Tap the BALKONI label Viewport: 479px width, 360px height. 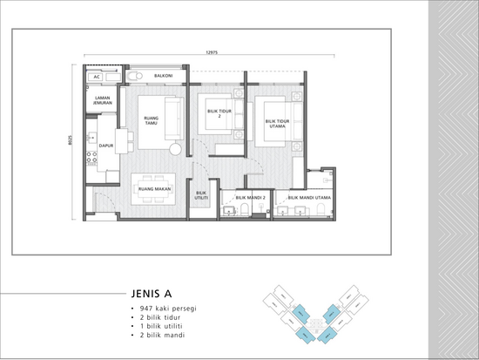coord(163,77)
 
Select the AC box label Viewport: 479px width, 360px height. coord(98,77)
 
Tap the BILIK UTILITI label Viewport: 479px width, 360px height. coord(201,196)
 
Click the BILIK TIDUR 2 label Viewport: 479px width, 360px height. coord(219,114)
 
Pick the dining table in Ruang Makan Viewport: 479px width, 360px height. coord(153,188)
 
